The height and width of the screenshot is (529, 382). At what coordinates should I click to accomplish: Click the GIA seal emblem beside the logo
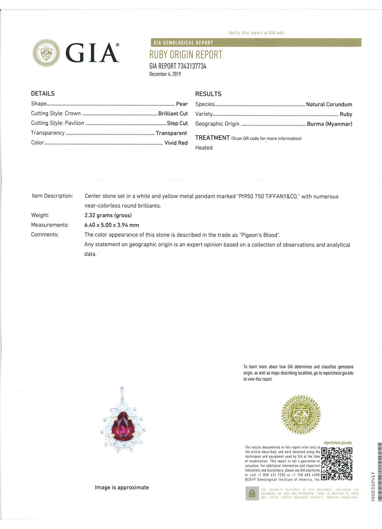[x=46, y=53]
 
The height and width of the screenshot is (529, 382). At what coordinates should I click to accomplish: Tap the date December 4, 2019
[x=165, y=74]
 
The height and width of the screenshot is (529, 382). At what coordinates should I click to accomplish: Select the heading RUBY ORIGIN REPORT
[x=186, y=55]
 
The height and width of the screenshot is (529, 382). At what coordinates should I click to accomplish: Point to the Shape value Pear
[x=182, y=104]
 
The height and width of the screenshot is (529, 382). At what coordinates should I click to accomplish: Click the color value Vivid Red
[x=176, y=143]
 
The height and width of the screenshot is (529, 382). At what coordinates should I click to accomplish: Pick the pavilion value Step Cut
[x=177, y=123]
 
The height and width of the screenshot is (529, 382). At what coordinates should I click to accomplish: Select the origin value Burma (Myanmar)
[x=330, y=124]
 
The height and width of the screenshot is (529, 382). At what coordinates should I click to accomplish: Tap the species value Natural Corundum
[x=329, y=104]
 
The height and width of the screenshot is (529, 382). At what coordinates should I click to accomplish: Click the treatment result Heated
[x=204, y=148]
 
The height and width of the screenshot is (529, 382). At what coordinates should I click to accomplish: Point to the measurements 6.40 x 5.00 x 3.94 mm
[x=112, y=225]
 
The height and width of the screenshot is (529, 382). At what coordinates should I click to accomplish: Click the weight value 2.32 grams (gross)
[x=108, y=215]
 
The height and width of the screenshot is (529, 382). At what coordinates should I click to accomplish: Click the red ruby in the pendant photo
[x=122, y=426]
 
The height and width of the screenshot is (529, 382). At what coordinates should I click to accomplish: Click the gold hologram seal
[x=301, y=415]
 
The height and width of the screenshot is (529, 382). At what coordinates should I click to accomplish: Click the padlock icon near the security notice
[x=252, y=494]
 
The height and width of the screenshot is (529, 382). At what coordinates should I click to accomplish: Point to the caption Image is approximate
[x=122, y=488]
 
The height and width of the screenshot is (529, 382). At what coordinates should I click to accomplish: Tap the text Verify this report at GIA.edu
[x=256, y=33]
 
